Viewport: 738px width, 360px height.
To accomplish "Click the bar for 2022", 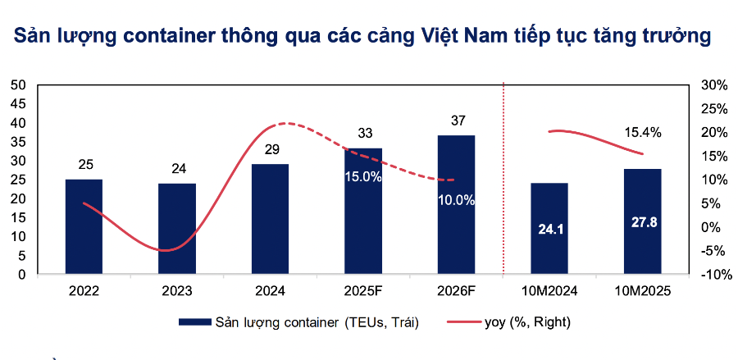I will coord(84,226).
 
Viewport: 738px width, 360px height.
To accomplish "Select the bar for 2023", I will coord(177,229).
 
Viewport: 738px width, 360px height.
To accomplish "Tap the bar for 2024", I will coord(270,219).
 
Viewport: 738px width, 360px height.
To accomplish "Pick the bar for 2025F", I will coord(362,212).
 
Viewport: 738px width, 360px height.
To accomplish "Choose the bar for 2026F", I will coord(456,204).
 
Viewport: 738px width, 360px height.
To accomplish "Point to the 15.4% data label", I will coord(642,132).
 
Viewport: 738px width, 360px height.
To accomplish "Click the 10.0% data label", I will coord(455,200).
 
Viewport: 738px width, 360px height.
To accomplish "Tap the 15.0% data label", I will coord(362,177).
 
